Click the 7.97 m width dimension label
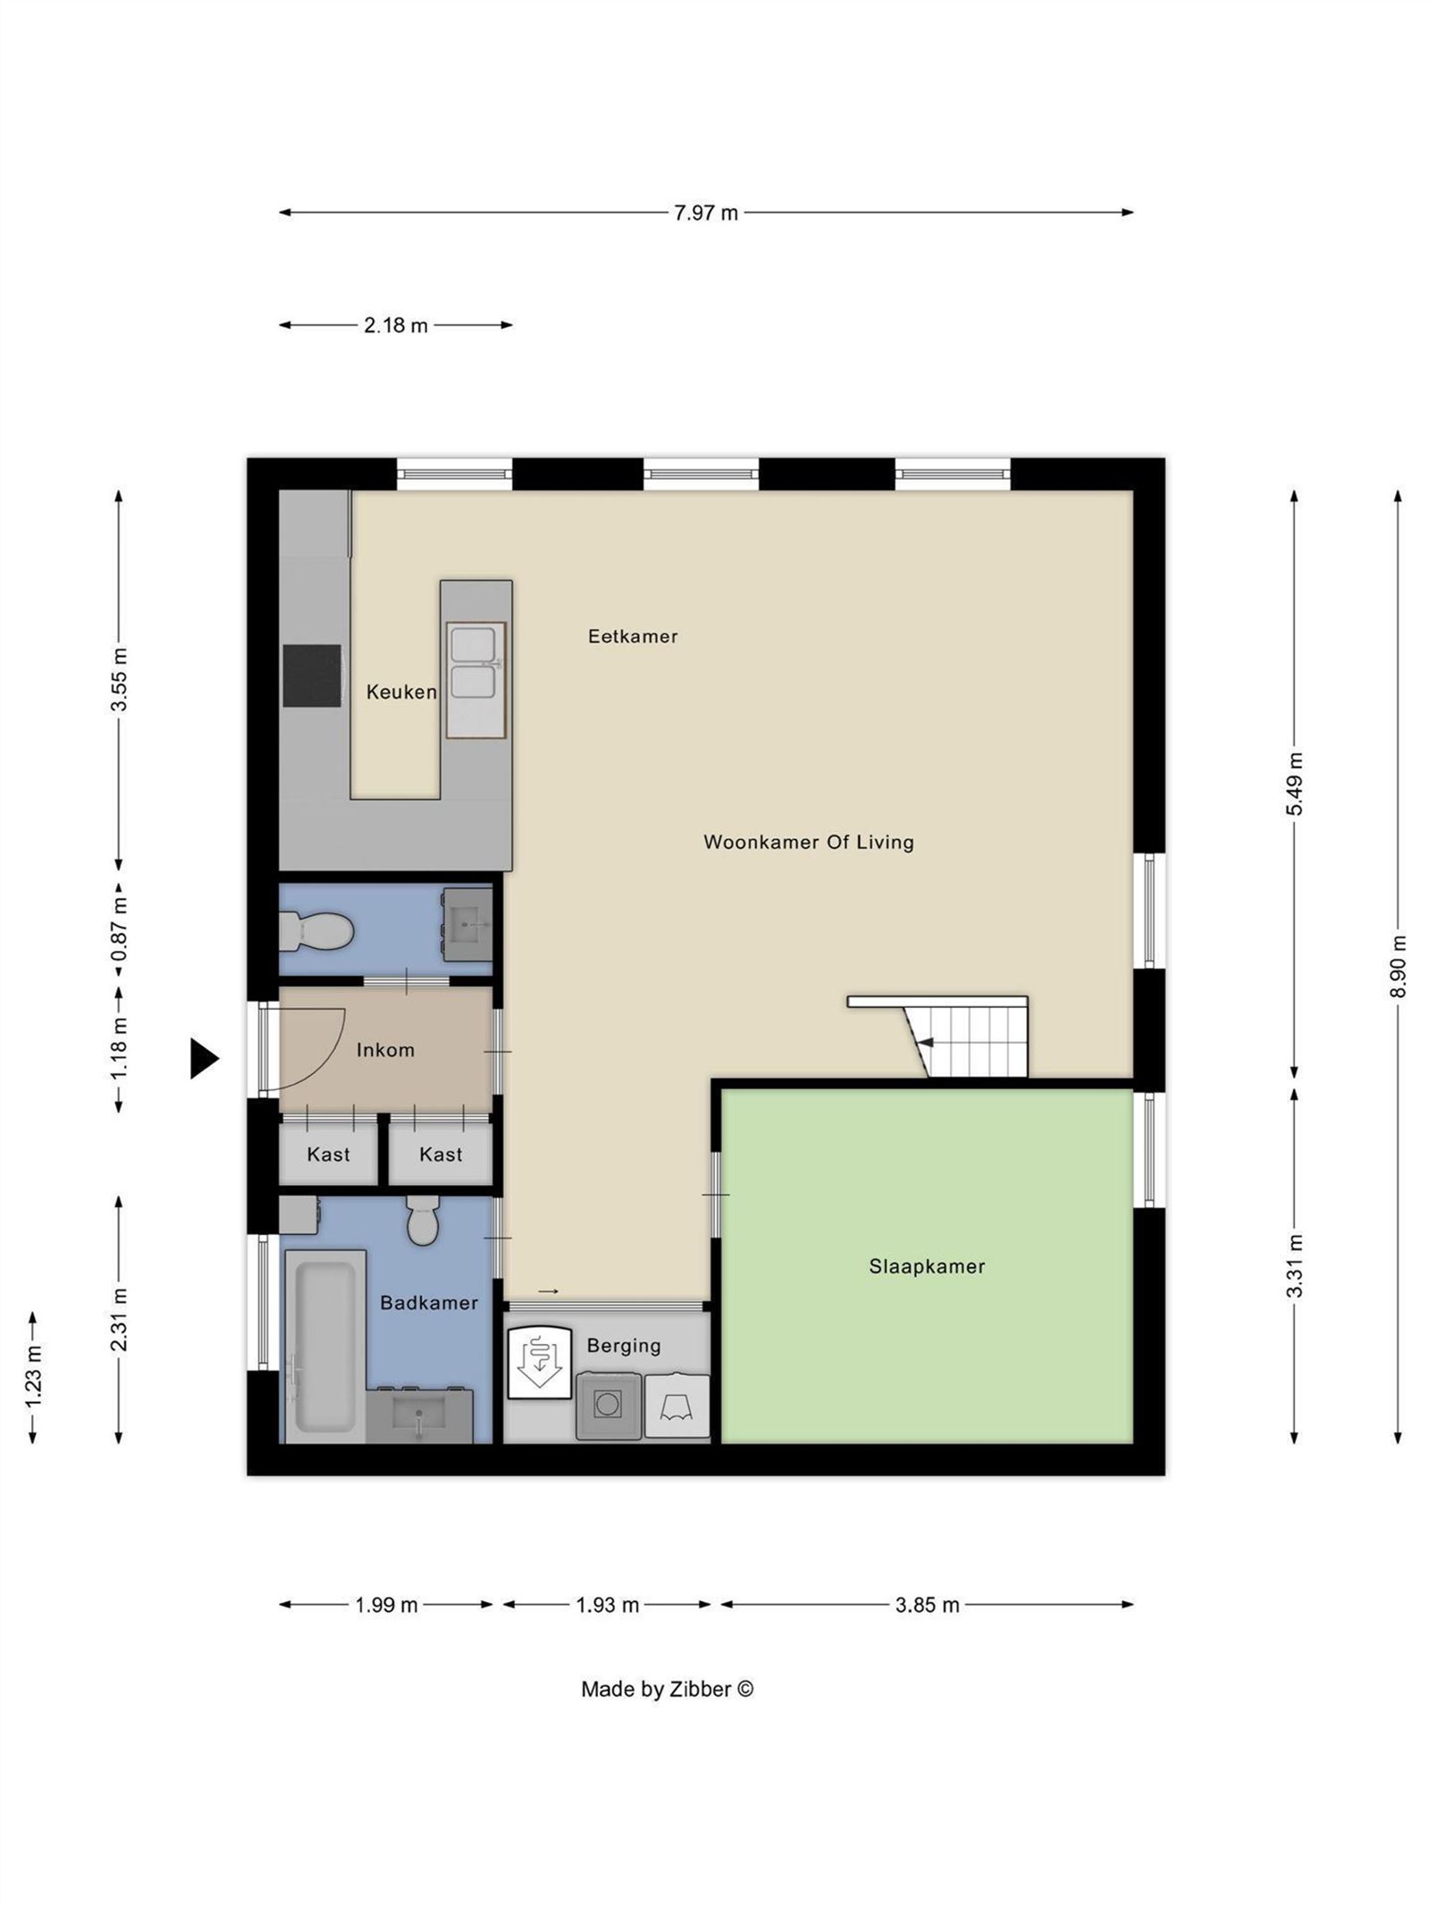point(705,213)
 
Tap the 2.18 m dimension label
point(395,325)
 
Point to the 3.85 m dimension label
point(927,1605)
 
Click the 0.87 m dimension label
point(119,929)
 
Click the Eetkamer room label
point(633,636)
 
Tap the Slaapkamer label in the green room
point(927,1266)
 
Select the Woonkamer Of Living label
point(809,842)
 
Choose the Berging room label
point(624,1346)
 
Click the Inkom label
point(385,1050)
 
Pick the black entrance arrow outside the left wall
point(204,1059)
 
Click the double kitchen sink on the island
point(476,680)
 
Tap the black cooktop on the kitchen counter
point(312,676)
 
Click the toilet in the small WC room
point(316,932)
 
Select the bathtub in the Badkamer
point(325,1346)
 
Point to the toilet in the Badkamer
point(423,1221)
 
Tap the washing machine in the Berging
point(609,1406)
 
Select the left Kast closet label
point(328,1155)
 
